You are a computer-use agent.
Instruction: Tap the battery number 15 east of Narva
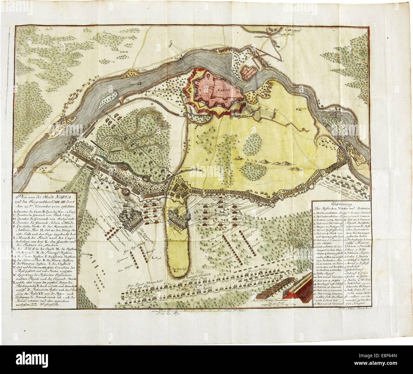276,110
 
